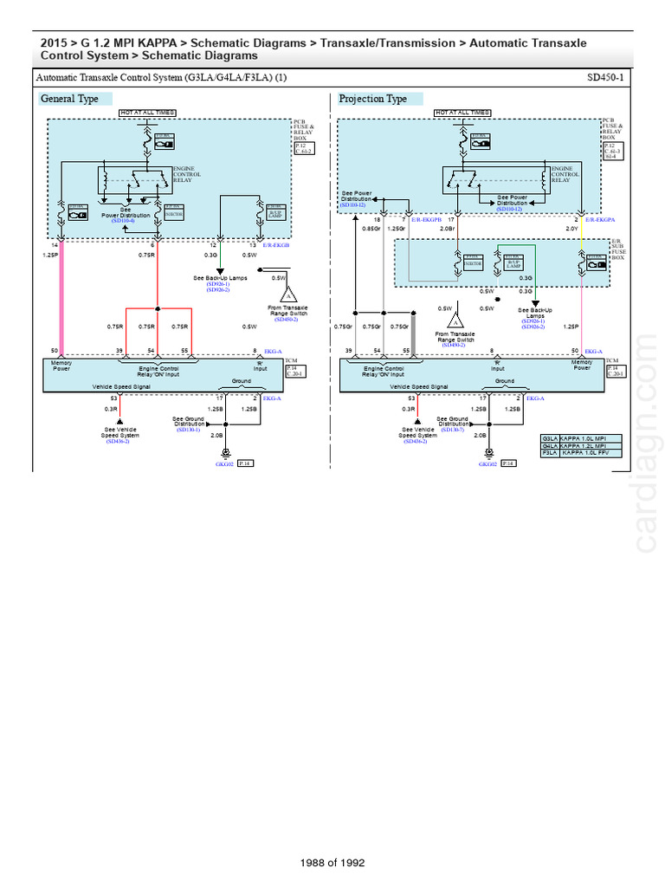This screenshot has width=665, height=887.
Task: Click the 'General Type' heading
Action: [x=70, y=99]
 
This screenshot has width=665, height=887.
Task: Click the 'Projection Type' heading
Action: [x=372, y=99]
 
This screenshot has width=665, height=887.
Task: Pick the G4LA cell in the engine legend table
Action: [x=549, y=445]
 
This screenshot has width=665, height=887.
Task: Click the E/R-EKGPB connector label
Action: [x=426, y=220]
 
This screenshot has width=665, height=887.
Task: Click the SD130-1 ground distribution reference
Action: [x=188, y=430]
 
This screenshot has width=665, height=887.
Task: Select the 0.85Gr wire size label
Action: [x=371, y=229]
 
